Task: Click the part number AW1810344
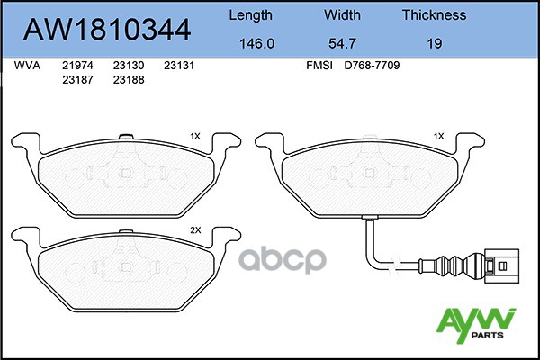pos(106,31)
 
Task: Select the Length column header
pos(251,15)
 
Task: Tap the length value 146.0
pos(251,41)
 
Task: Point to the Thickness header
pos(434,15)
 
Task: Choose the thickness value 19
pos(434,41)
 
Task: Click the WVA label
pos(29,66)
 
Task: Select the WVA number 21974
pos(77,66)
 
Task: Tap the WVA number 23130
pos(129,66)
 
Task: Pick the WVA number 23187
pos(77,79)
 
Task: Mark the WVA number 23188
pos(129,79)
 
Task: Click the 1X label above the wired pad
pos(438,137)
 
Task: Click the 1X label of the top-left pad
pos(195,137)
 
